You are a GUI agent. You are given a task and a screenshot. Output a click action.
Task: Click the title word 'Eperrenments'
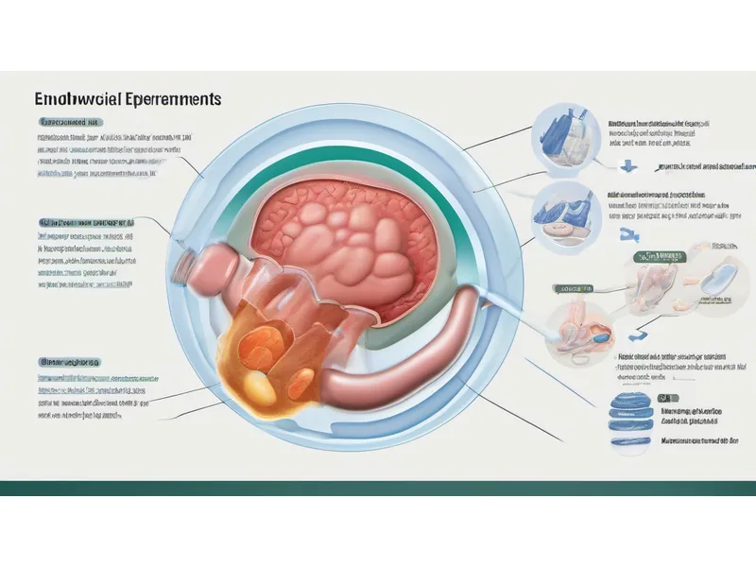point(174,98)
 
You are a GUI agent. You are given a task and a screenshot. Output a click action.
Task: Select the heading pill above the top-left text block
point(71,123)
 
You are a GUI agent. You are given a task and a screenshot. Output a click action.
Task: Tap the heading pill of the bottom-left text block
point(71,362)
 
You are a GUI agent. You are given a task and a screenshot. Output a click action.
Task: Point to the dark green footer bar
point(378,488)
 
